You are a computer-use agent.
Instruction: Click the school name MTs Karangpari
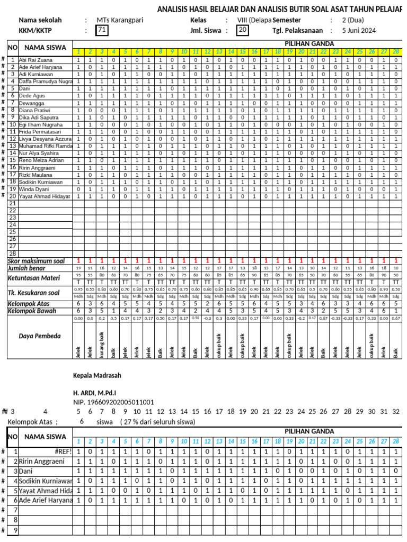[120, 20]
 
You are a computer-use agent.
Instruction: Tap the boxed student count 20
[242, 31]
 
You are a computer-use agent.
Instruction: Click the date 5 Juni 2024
[359, 31]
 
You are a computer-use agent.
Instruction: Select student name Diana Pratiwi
[36, 110]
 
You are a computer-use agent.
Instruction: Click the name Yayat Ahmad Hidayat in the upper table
[45, 196]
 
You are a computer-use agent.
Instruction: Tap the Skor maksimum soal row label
[36, 261]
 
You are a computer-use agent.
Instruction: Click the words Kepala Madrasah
[97, 375]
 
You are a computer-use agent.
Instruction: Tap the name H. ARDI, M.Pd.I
[94, 393]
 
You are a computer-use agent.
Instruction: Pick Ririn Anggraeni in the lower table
[45, 462]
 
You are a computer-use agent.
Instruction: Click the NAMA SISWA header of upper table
[45, 47]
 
